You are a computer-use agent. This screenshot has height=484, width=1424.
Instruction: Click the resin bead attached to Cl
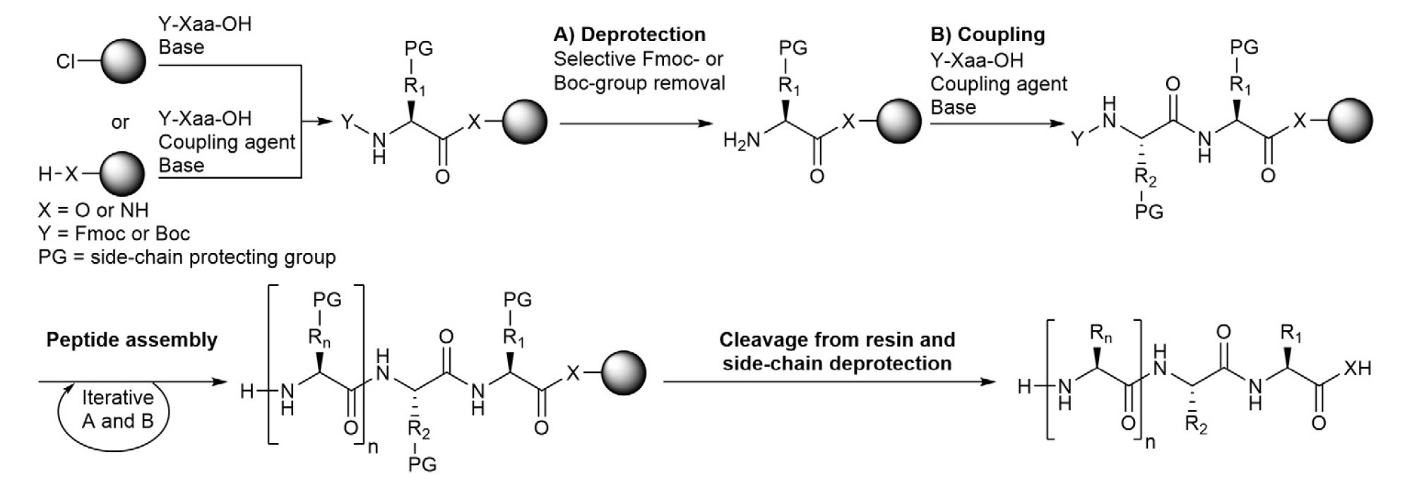pos(123,61)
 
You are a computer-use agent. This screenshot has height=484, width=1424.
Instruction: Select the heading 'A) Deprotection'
pos(629,35)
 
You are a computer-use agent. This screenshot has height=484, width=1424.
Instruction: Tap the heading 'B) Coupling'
pos(987,35)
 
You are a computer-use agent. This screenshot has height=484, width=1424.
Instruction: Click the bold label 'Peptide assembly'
pos(131,340)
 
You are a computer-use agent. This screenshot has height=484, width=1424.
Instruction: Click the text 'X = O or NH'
pos(93,210)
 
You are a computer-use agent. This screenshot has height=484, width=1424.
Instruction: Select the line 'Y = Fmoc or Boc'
pos(114,233)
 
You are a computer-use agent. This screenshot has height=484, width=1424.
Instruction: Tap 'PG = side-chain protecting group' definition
pos(186,256)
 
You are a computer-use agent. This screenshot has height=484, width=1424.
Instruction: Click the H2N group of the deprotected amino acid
pos(742,141)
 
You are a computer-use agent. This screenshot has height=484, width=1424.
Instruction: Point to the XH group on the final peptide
pos(1356,367)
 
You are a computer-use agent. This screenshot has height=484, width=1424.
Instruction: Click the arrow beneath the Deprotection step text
pos(636,124)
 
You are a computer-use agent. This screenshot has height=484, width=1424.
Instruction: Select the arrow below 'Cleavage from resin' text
pos(829,382)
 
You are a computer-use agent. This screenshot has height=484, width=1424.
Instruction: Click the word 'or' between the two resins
pos(120,122)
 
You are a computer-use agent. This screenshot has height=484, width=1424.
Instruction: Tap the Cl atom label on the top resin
pos(65,61)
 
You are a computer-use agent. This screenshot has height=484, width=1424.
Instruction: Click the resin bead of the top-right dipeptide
pos(1350,122)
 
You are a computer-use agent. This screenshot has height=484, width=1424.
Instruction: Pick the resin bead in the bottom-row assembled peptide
pos(623,372)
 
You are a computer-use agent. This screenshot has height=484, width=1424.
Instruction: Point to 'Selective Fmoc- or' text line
pos(638,59)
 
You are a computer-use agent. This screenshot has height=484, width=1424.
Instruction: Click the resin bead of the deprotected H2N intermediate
pos(898,122)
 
